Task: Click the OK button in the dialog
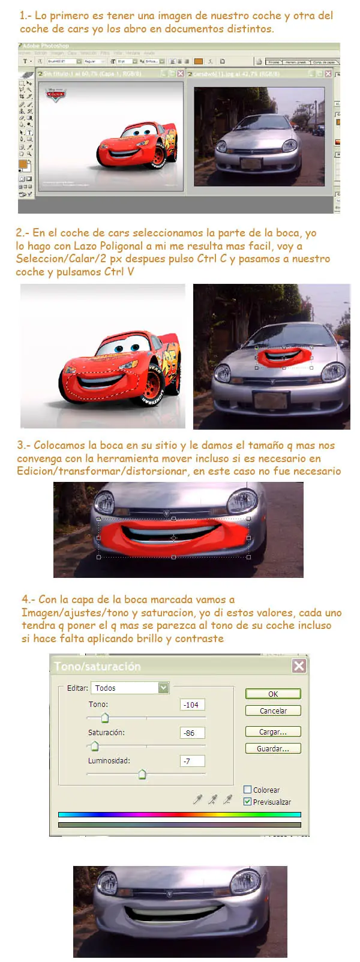(x=273, y=694)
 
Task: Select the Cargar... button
(x=273, y=732)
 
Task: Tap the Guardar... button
(x=273, y=748)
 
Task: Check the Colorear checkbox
(x=248, y=790)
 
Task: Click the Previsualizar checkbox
(x=248, y=802)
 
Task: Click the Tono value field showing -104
(x=192, y=705)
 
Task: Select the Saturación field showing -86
(x=192, y=733)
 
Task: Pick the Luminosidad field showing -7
(x=192, y=761)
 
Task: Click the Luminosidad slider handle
(x=142, y=774)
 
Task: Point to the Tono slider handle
(x=105, y=718)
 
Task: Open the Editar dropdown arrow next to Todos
(x=163, y=688)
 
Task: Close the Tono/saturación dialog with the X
(x=299, y=666)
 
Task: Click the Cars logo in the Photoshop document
(x=56, y=95)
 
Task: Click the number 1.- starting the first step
(x=25, y=16)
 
